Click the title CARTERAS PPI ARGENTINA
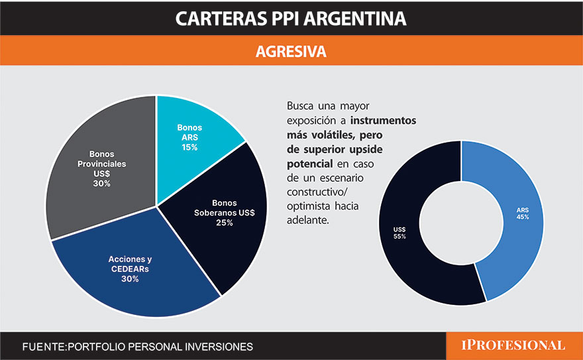(x=291, y=18)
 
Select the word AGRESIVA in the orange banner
(x=291, y=52)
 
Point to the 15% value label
(x=189, y=147)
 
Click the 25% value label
(x=225, y=223)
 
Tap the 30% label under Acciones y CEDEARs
(x=130, y=279)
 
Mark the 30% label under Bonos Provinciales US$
(x=101, y=183)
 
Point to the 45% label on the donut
(x=523, y=217)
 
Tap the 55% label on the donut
(x=399, y=237)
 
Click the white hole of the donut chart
(x=462, y=222)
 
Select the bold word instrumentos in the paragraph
(x=383, y=121)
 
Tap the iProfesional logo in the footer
(x=513, y=345)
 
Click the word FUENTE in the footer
(x=44, y=347)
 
